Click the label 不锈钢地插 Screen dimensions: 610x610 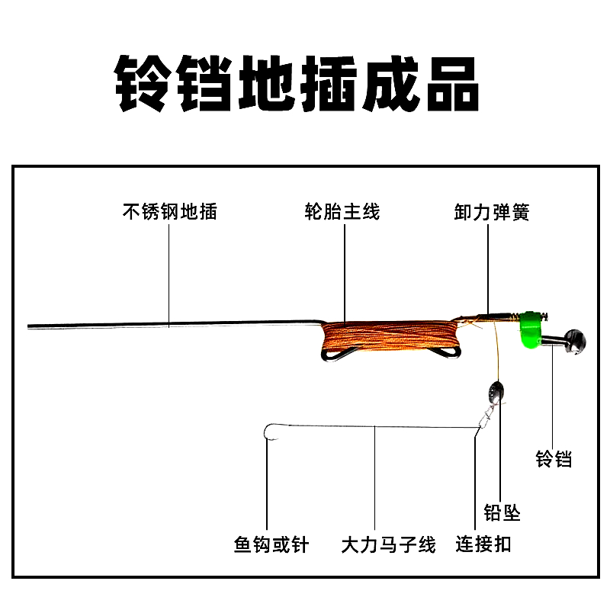tap(170, 211)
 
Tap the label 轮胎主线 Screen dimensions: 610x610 tap(342, 211)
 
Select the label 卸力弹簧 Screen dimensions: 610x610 tap(491, 211)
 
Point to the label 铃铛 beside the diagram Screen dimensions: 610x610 tap(554, 459)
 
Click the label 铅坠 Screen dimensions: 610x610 tap(502, 512)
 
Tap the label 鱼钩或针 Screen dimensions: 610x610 tap(271, 544)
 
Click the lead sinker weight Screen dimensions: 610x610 tap(493, 394)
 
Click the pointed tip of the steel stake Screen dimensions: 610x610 tap(30, 326)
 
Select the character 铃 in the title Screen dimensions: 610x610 tap(143, 84)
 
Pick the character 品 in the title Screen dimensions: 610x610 tap(451, 84)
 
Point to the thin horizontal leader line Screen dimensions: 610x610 tap(374, 427)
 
